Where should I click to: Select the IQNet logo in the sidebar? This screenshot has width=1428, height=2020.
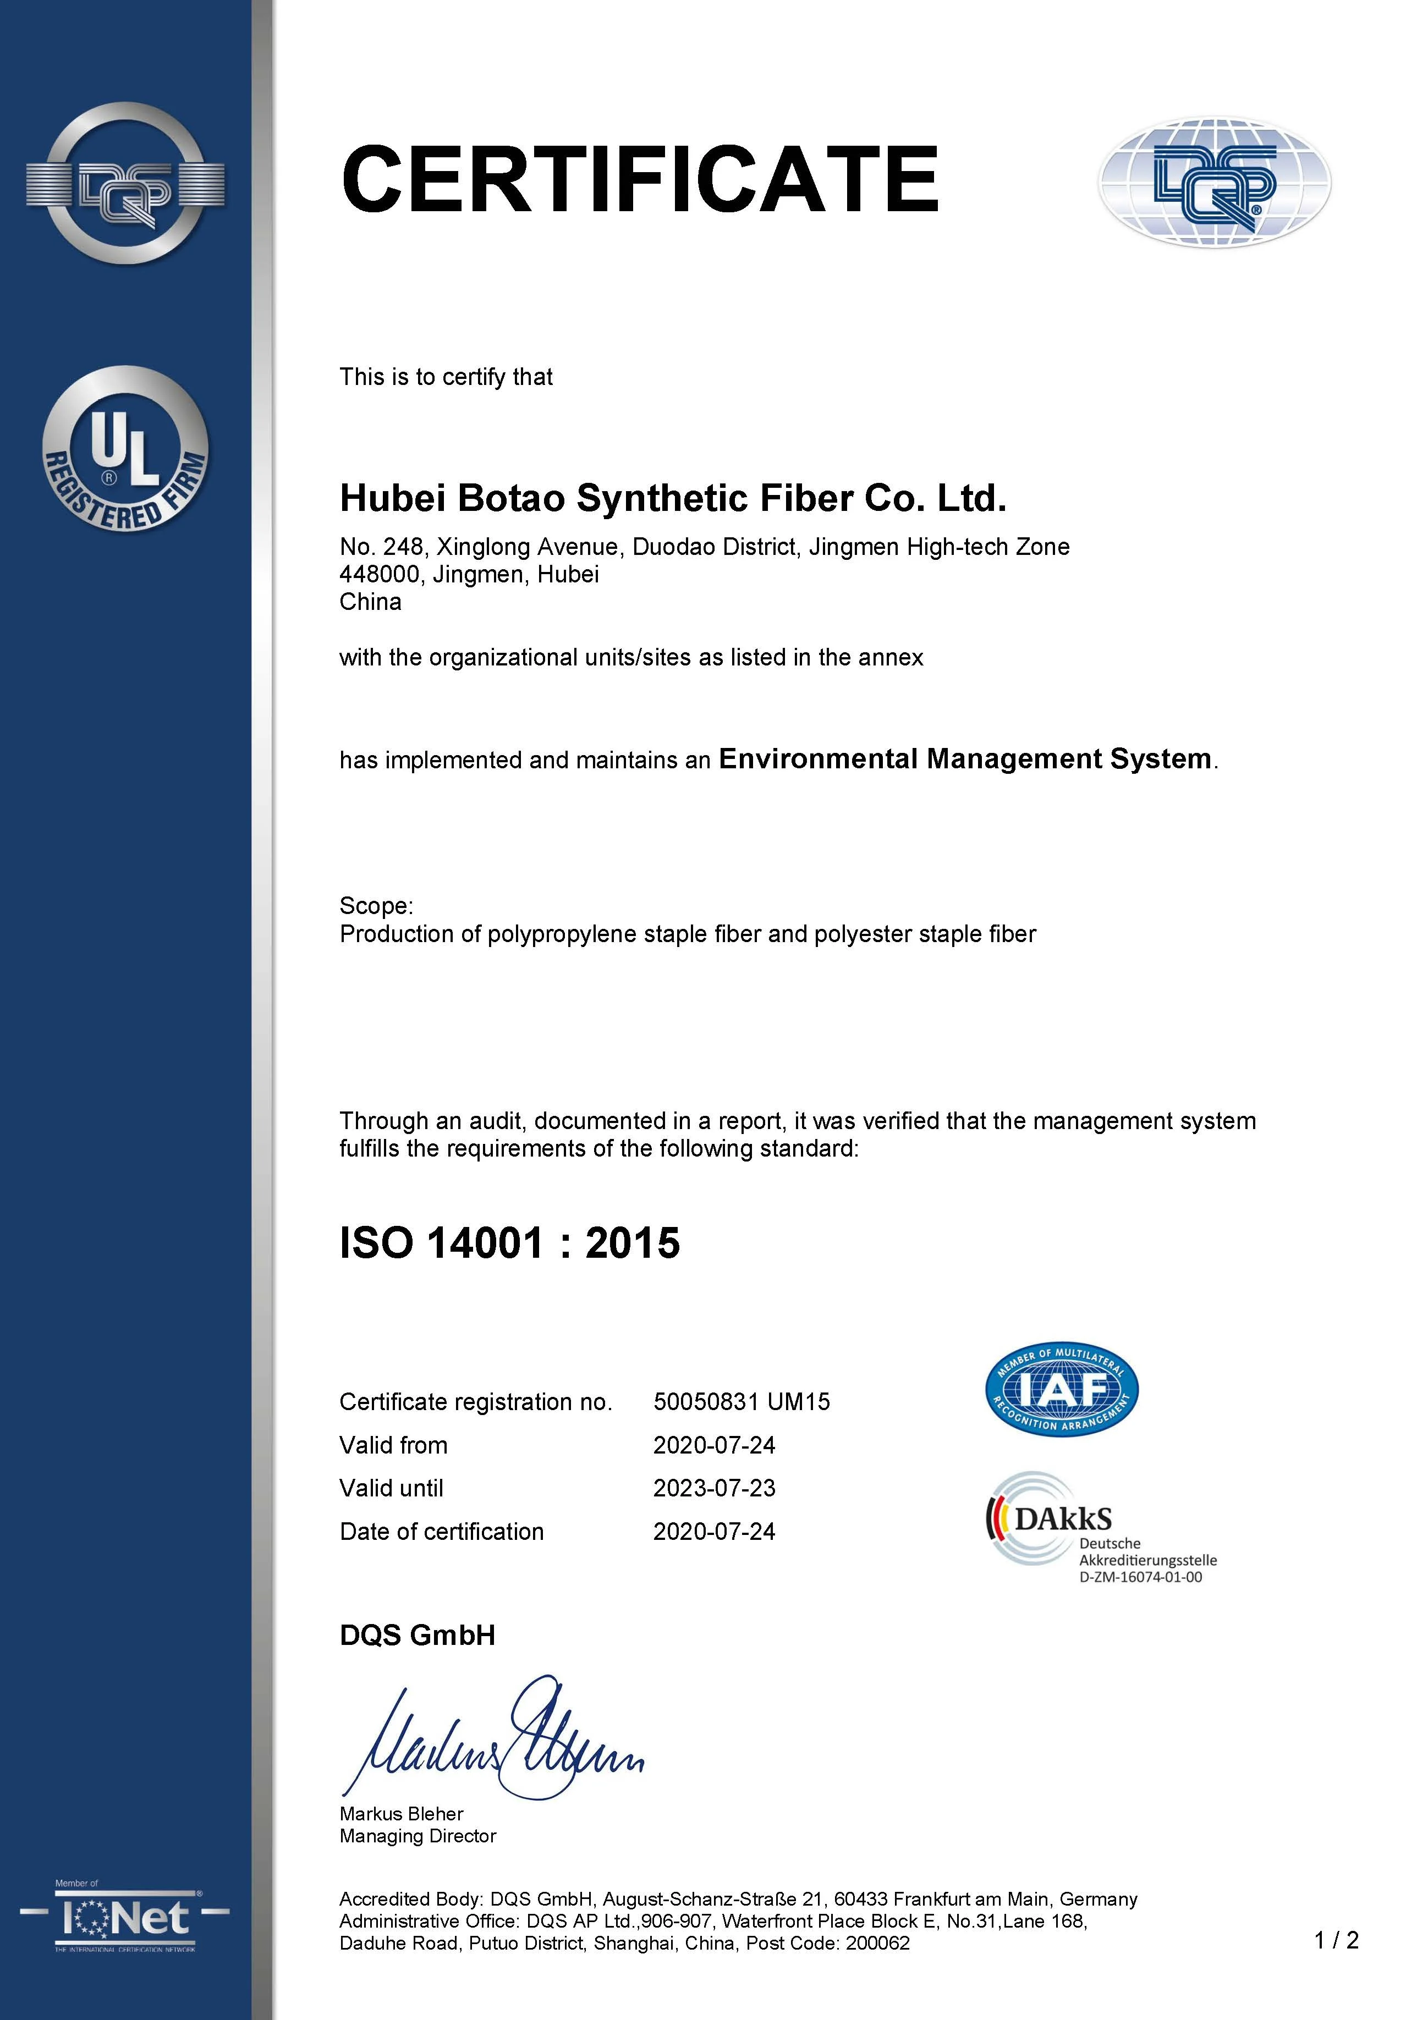pos(125,1918)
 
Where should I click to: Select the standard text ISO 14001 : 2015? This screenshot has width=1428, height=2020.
pos(509,1243)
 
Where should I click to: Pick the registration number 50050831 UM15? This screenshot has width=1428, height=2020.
pos(741,1401)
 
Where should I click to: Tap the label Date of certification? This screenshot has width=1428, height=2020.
pos(442,1531)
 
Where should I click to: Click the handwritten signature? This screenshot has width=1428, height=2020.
pos(493,1740)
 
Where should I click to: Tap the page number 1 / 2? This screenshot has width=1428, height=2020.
pos(1336,1939)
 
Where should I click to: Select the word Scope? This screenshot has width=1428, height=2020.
pos(376,905)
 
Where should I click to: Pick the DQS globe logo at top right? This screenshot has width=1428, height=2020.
pos(1213,182)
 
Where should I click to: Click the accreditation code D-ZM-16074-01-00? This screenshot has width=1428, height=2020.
pos(1140,1577)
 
